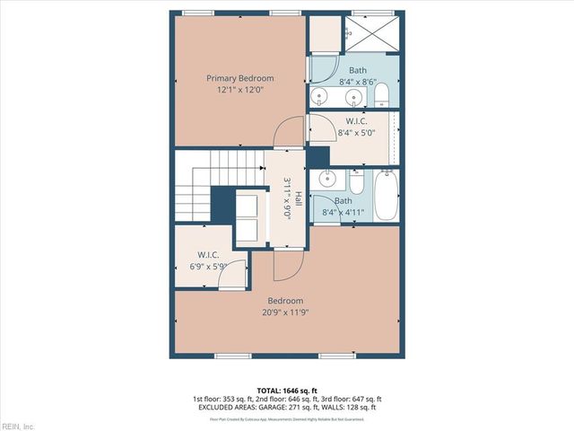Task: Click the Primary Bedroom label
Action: coord(239,78)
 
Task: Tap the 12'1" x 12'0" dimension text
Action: coord(239,90)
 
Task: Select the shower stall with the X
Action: coord(370,33)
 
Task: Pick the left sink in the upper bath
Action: coord(320,96)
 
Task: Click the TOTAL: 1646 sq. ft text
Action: coord(286,390)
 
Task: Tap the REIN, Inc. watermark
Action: coord(17,426)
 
